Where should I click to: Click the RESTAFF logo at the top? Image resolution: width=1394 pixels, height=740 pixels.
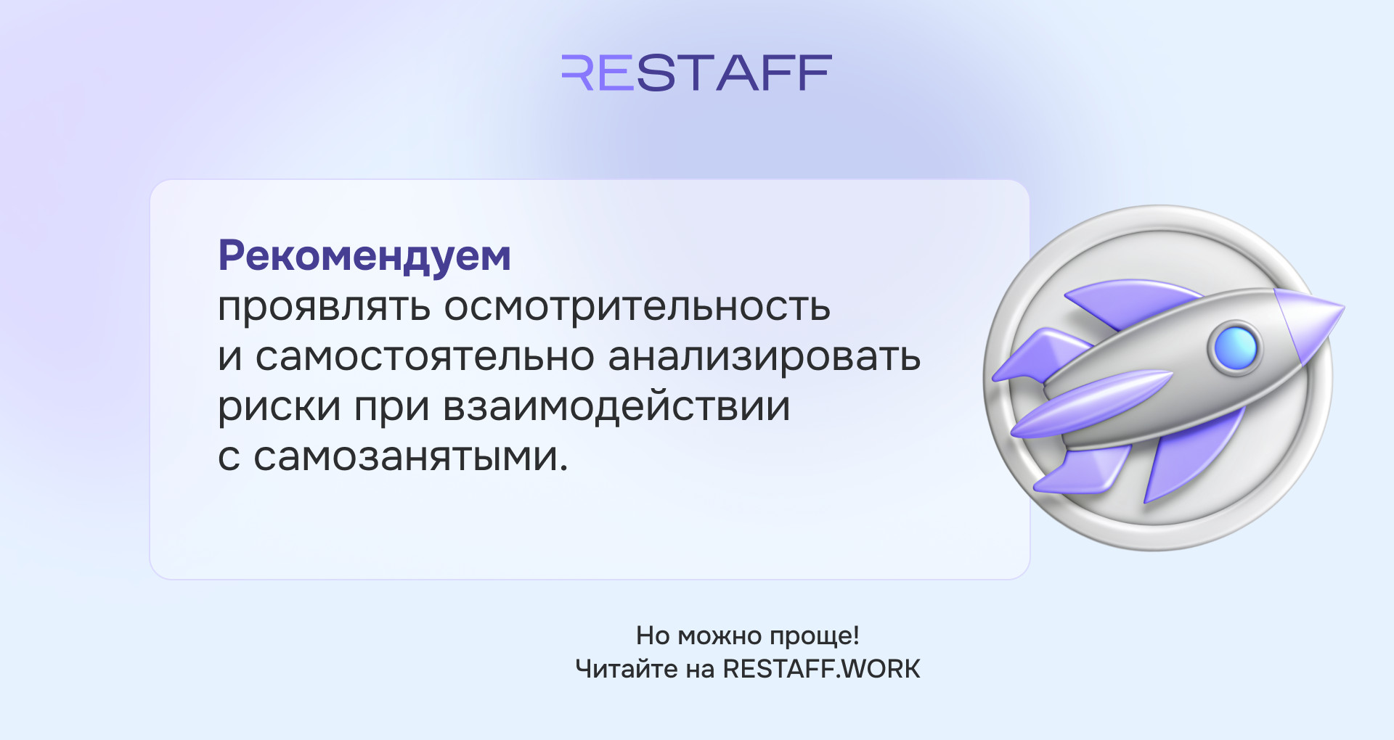click(696, 73)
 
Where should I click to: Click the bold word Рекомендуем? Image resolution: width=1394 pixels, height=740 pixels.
click(364, 257)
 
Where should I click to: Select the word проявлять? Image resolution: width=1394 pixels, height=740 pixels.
click(325, 308)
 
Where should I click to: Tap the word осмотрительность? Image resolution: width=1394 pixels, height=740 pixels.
click(637, 308)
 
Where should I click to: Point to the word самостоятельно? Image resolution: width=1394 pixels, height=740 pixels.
click(425, 357)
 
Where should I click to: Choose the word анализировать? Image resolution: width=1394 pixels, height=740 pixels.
click(765, 357)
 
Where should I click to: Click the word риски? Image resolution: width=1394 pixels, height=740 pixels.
click(280, 407)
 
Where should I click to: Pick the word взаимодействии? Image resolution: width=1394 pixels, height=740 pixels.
click(616, 407)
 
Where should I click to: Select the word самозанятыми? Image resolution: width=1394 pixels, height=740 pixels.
click(410, 457)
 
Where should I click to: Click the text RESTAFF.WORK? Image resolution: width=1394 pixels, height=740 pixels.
click(821, 669)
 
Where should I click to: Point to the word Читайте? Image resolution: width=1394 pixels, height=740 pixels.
click(627, 669)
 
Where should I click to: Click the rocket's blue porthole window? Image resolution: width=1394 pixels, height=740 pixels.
click(1235, 348)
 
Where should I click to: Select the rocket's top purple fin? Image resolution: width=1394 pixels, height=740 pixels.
click(1133, 302)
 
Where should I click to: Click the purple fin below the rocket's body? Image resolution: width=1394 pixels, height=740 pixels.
click(1191, 454)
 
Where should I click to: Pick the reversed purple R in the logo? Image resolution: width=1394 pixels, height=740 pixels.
click(577, 73)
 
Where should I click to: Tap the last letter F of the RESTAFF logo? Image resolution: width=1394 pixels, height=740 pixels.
click(813, 73)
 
